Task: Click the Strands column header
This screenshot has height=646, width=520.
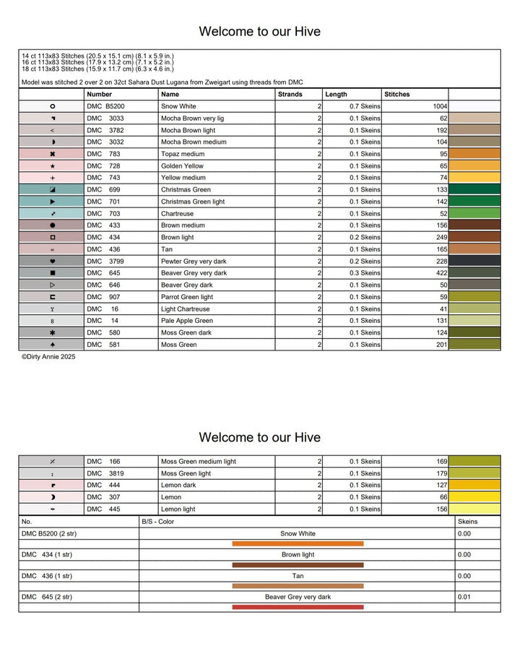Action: click(x=290, y=94)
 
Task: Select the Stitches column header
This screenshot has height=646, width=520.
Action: click(x=396, y=94)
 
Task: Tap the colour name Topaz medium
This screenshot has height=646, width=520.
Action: click(x=183, y=154)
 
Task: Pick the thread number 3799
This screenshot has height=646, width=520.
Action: click(x=116, y=261)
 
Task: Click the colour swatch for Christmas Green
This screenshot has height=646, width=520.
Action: click(x=474, y=189)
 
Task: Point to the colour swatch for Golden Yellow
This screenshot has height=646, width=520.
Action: click(x=474, y=165)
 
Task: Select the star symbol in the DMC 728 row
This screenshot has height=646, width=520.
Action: click(x=52, y=165)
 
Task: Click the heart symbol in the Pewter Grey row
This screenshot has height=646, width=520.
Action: click(x=52, y=261)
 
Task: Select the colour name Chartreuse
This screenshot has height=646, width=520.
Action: click(x=177, y=213)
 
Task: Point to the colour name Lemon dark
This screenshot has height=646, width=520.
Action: click(x=178, y=485)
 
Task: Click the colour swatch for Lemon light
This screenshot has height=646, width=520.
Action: click(x=474, y=509)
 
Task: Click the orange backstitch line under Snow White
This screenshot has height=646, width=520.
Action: click(x=298, y=543)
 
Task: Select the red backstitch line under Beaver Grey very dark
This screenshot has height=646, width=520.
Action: click(x=298, y=607)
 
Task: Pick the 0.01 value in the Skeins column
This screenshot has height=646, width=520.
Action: click(x=464, y=597)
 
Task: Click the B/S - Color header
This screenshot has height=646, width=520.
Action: click(x=157, y=521)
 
